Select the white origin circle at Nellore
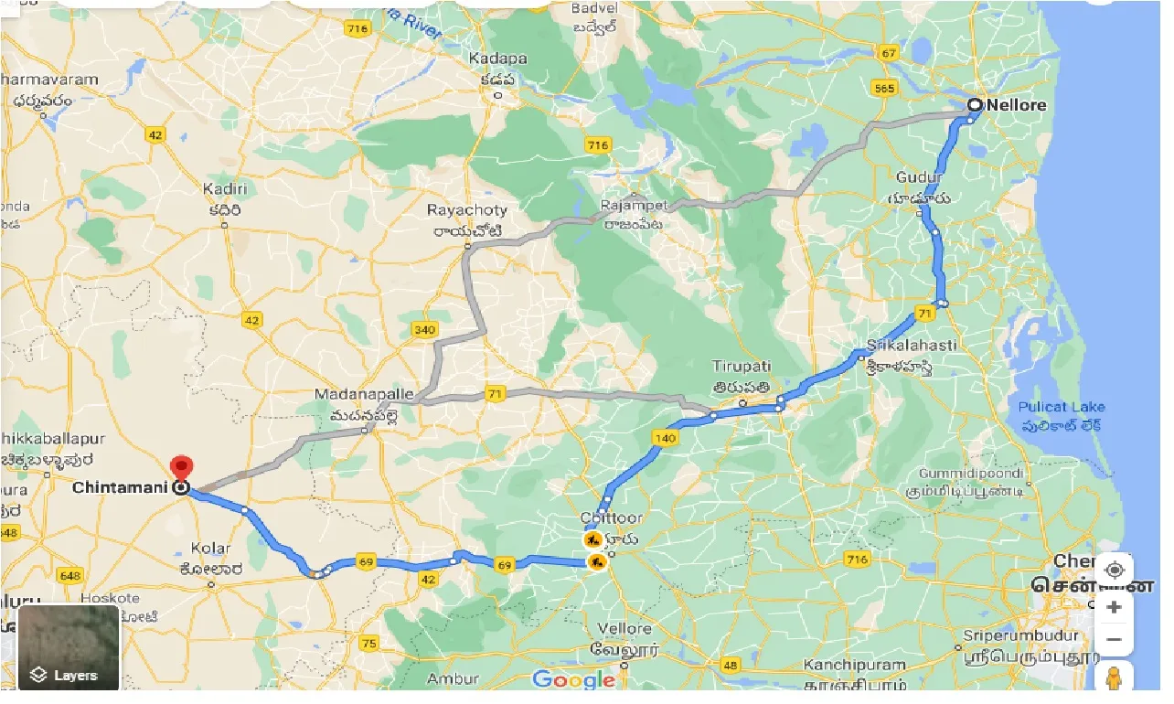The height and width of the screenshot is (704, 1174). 975,106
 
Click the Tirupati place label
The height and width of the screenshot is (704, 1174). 742,366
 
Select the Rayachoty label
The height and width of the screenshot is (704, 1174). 467,210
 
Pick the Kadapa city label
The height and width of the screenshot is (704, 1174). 497,59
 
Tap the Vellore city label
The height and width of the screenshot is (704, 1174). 624,629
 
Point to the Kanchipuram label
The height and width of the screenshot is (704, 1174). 855,666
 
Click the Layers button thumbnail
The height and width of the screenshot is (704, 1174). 69,646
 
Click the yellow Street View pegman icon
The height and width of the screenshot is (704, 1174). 1114,678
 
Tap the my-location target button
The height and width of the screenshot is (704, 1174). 1114,571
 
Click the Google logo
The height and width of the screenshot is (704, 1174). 573,679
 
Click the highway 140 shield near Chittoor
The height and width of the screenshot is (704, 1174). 664,439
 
